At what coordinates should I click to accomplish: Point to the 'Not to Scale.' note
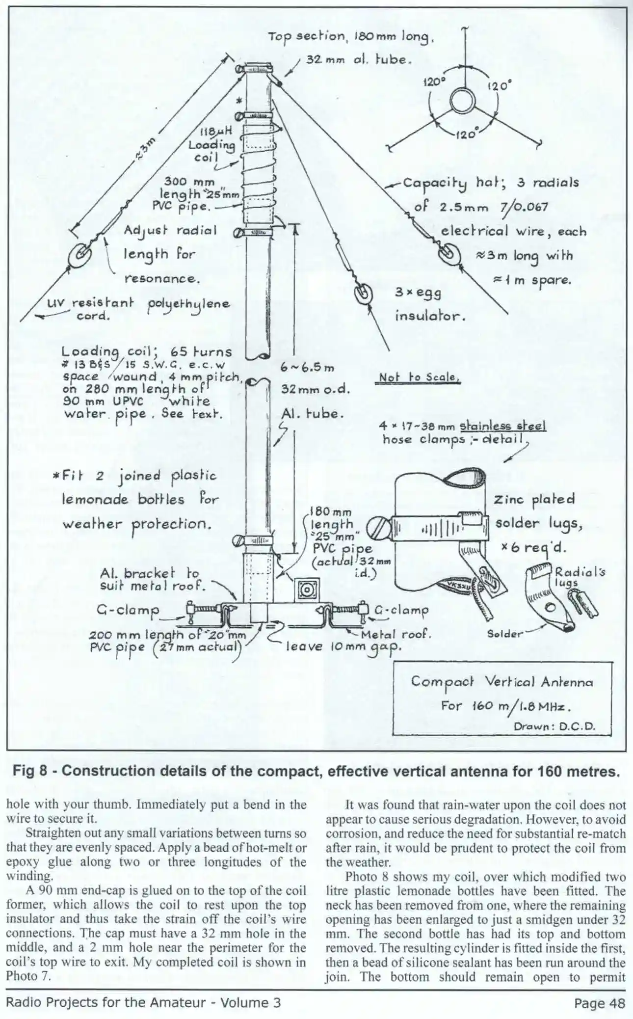(x=420, y=378)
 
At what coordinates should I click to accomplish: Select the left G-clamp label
(x=128, y=611)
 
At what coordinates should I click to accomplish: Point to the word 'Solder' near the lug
(x=505, y=634)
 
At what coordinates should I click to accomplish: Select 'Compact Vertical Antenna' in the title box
(x=501, y=682)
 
